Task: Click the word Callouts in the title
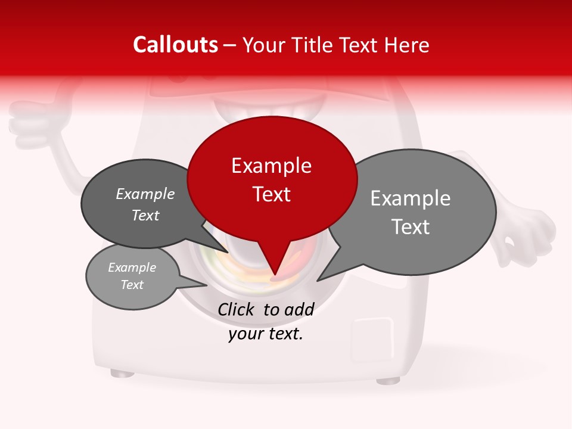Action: pyautogui.click(x=175, y=45)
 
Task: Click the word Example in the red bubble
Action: pyautogui.click(x=271, y=166)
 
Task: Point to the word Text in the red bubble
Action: pyautogui.click(x=272, y=194)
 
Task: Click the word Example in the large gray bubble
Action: pyautogui.click(x=411, y=198)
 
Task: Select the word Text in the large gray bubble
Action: pyautogui.click(x=411, y=227)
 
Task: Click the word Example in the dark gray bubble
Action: pyautogui.click(x=145, y=194)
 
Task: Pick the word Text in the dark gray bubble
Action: pyautogui.click(x=145, y=215)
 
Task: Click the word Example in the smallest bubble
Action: pyautogui.click(x=132, y=268)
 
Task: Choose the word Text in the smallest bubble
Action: pyautogui.click(x=132, y=285)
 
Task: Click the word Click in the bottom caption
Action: pyautogui.click(x=238, y=309)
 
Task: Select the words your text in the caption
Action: pyautogui.click(x=265, y=334)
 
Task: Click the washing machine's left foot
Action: pyautogui.click(x=122, y=374)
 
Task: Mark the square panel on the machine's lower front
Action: pyautogui.click(x=373, y=337)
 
